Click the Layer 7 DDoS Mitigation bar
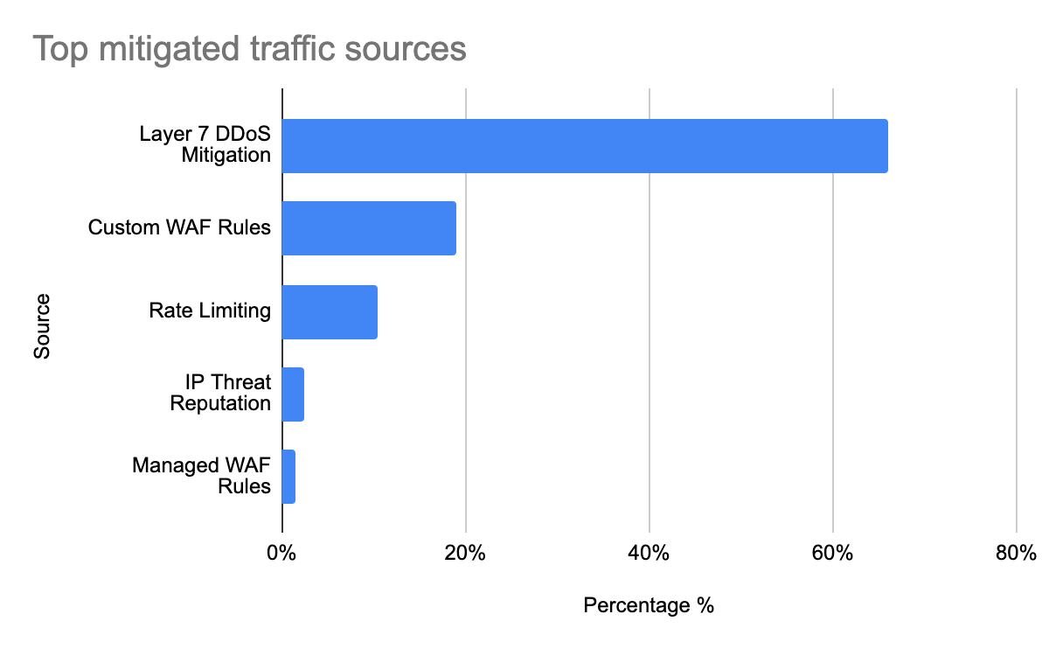pyautogui.click(x=584, y=146)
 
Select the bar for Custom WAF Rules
pyautogui.click(x=368, y=228)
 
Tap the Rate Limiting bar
pyautogui.click(x=329, y=311)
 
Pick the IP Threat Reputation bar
pyautogui.click(x=293, y=394)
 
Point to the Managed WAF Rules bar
pyautogui.click(x=288, y=477)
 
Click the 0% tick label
pyautogui.click(x=281, y=554)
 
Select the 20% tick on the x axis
pyautogui.click(x=465, y=554)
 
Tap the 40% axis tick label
pyautogui.click(x=649, y=554)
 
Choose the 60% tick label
pyautogui.click(x=832, y=554)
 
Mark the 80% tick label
pyautogui.click(x=1016, y=554)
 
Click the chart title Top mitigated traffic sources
pyautogui.click(x=249, y=49)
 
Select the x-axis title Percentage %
pyautogui.click(x=649, y=605)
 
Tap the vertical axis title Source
pyautogui.click(x=42, y=326)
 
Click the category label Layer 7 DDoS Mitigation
pyautogui.click(x=205, y=145)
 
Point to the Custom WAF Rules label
pyautogui.click(x=179, y=228)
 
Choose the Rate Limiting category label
pyautogui.click(x=210, y=311)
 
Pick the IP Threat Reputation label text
pyautogui.click(x=220, y=394)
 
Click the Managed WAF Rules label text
pyautogui.click(x=202, y=476)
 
